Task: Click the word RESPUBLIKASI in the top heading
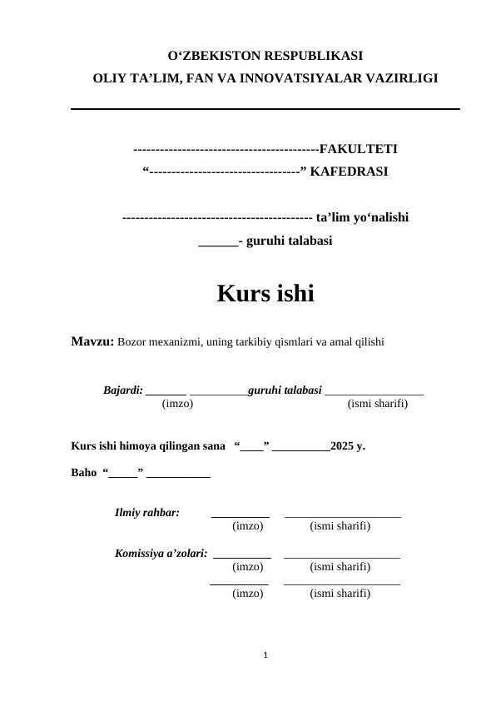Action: (x=312, y=57)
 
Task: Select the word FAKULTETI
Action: (x=358, y=150)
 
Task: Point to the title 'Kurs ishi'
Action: (x=265, y=294)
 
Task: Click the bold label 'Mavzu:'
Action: (x=92, y=341)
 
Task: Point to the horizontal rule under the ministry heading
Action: (x=265, y=109)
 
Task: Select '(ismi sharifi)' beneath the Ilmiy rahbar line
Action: (x=340, y=526)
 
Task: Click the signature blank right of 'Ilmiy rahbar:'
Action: (x=241, y=516)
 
